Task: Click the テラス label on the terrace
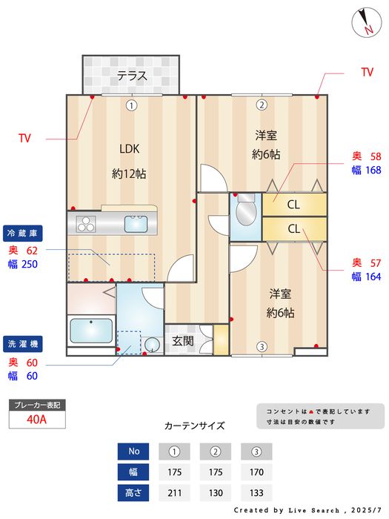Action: click(x=132, y=76)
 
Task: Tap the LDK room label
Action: click(x=130, y=148)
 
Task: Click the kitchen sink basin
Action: click(x=136, y=224)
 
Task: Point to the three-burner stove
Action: click(x=86, y=224)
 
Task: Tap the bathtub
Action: click(x=91, y=331)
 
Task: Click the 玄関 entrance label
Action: click(x=182, y=340)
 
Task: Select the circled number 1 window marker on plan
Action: click(x=131, y=105)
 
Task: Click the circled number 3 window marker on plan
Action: click(x=262, y=346)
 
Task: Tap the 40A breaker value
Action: click(x=37, y=420)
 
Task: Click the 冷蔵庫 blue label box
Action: click(x=22, y=234)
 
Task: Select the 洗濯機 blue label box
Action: click(x=22, y=344)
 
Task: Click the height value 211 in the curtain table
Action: click(x=174, y=493)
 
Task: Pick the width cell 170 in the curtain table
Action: click(x=256, y=472)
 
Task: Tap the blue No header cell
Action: click(x=133, y=451)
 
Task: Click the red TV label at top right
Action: click(x=368, y=72)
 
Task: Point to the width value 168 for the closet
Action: click(x=373, y=170)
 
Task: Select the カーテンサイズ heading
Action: click(x=194, y=426)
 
